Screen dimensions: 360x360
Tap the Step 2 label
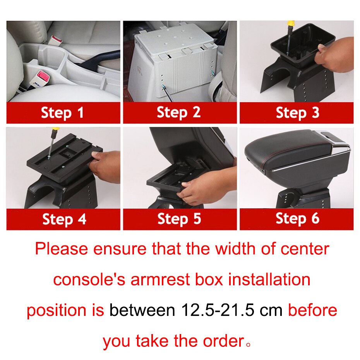click(179, 113)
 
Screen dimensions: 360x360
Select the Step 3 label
click(297, 113)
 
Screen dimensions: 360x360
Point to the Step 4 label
click(64, 219)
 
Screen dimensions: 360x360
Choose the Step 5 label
click(179, 219)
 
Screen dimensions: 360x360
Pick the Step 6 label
click(297, 219)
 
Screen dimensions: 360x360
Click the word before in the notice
click(312, 310)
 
